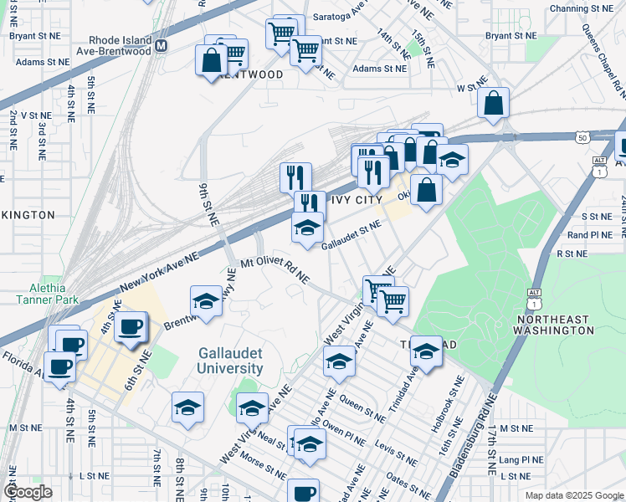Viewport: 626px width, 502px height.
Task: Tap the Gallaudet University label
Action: pyautogui.click(x=230, y=361)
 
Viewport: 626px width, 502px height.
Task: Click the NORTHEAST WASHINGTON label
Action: pyautogui.click(x=555, y=325)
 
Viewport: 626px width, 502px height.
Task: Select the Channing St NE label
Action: pyautogui.click(x=582, y=8)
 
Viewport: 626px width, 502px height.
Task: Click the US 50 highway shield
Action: pyautogui.click(x=582, y=136)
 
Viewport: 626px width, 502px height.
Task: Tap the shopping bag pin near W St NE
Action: pyautogui.click(x=495, y=104)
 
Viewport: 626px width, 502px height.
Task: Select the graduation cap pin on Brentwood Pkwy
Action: pyautogui.click(x=206, y=302)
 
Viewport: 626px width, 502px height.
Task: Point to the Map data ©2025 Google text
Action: pyautogui.click(x=573, y=495)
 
